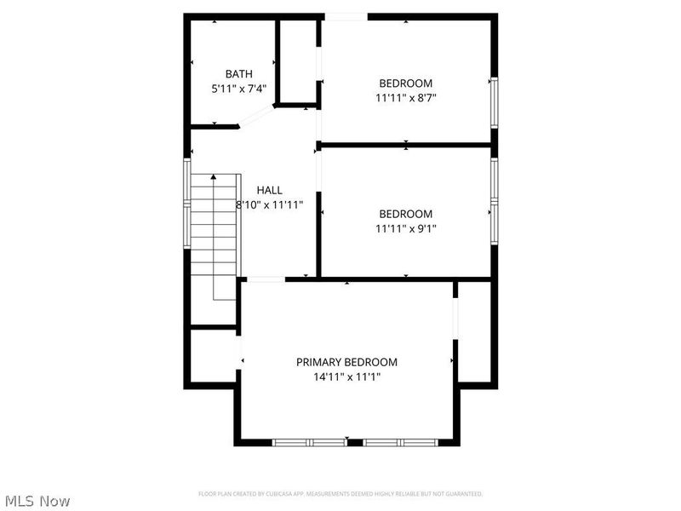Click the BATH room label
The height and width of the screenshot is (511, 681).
[239, 74]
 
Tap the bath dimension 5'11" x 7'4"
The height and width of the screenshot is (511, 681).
[239, 89]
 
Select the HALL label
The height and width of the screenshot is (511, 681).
[269, 191]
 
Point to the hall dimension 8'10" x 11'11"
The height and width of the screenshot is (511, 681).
[269, 205]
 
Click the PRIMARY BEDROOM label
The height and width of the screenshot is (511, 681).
[346, 362]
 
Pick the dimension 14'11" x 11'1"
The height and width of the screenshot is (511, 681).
[346, 376]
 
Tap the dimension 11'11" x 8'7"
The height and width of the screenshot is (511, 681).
[406, 98]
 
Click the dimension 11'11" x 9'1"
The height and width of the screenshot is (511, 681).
[406, 228]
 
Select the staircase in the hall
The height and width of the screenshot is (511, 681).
[213, 234]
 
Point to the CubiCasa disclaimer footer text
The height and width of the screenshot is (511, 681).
[340, 494]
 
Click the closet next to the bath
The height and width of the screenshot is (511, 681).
[298, 61]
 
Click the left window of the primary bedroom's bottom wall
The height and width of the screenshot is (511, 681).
[308, 442]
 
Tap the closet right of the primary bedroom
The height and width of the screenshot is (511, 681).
[475, 330]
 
